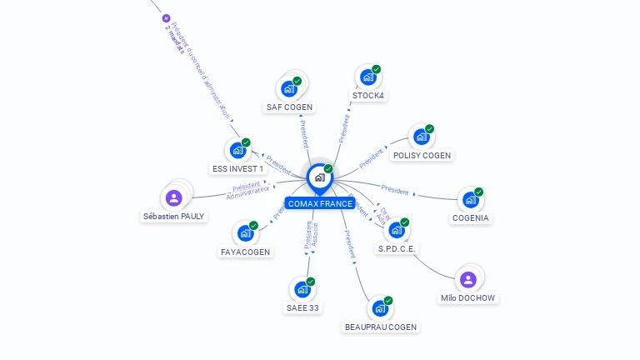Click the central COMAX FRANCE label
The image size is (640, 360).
[x=320, y=203]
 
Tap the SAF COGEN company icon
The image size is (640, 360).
[x=289, y=88]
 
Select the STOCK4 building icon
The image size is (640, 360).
[x=367, y=77]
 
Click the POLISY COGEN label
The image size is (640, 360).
[x=422, y=155]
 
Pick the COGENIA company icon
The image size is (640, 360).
[x=470, y=199]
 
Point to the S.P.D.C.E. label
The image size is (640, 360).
[x=397, y=248]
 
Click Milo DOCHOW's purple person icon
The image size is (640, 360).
[x=467, y=279]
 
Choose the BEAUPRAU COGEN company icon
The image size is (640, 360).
[x=380, y=308]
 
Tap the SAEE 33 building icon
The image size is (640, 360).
[x=302, y=289]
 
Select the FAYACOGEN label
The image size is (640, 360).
[x=246, y=252]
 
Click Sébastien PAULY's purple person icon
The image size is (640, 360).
[x=173, y=197]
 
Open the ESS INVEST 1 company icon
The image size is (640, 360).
[x=237, y=150]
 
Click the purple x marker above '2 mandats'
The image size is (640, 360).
[x=166, y=18]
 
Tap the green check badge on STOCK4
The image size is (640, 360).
[x=377, y=69]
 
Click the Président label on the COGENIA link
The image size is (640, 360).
[x=394, y=191]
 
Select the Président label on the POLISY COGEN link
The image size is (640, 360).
[x=373, y=157]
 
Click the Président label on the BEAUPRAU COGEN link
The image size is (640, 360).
[x=349, y=240]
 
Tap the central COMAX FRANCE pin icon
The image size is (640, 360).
[x=318, y=177]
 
